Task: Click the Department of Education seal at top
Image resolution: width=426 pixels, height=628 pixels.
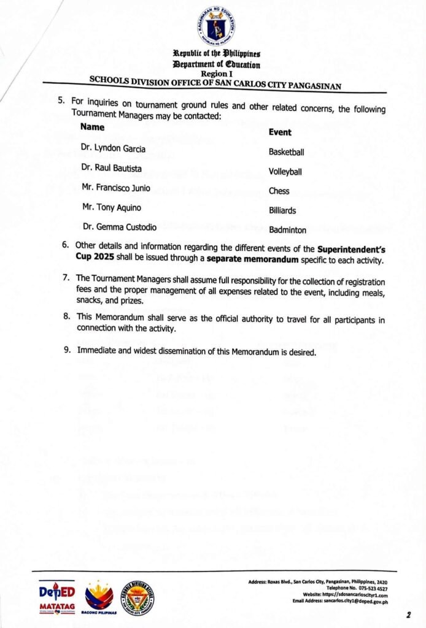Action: pos(215,28)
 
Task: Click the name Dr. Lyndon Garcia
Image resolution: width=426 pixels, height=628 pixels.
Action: pos(114,148)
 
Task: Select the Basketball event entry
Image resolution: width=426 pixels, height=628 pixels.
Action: pos(286,152)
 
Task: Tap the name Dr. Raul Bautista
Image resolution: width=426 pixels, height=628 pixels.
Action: pos(114,167)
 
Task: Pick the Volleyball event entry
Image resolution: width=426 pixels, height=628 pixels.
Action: pos(285,172)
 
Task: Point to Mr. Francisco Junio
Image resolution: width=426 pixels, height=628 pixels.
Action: pos(115,187)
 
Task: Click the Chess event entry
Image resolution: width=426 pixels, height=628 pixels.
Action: pos(279,191)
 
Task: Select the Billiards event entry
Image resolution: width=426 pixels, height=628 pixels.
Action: pos(282,210)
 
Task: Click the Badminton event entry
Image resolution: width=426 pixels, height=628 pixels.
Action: pos(287,230)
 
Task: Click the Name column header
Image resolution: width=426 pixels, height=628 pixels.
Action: pos(92,127)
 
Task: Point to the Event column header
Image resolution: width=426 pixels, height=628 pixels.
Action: pos(280,132)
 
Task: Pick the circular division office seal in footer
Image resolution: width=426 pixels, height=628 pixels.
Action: pos(137,597)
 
